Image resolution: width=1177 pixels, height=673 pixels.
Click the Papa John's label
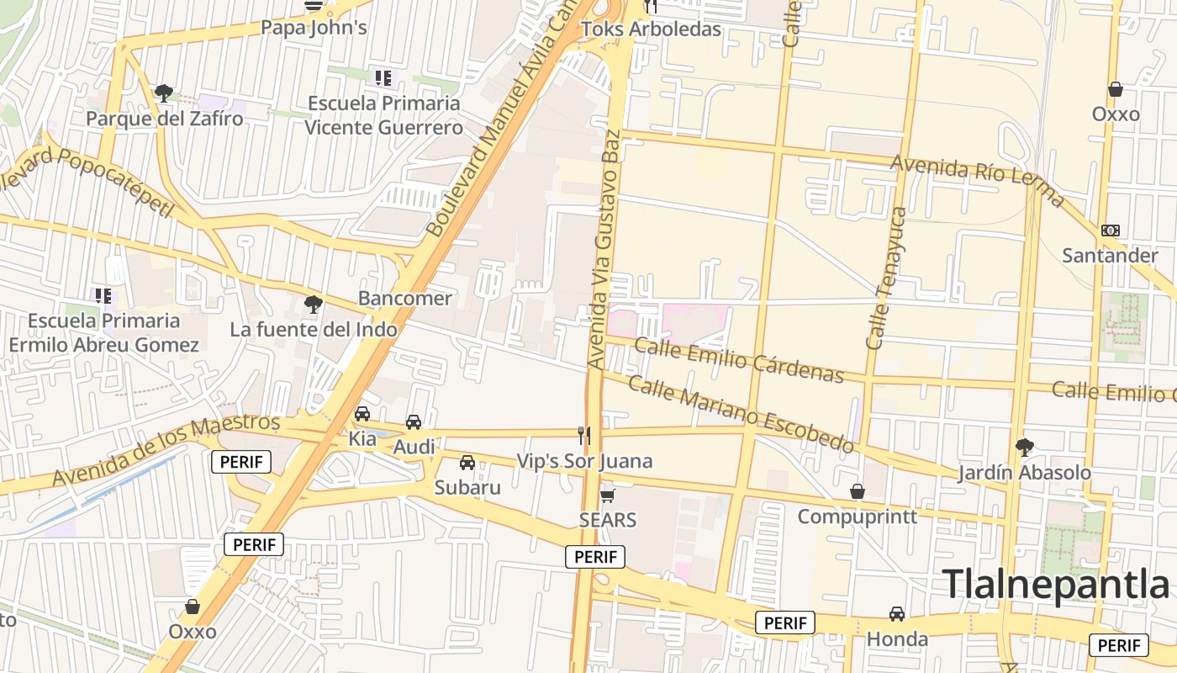pos(314,28)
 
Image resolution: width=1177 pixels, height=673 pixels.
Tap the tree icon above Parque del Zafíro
pos(164,93)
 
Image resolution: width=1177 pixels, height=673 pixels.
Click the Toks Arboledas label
pos(651,29)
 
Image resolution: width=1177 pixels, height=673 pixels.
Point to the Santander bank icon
pos(1110,231)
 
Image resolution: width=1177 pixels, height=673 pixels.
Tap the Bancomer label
pos(404,298)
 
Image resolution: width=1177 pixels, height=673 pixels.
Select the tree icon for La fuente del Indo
pos(314,304)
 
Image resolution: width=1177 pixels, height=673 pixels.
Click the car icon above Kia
pos(362,414)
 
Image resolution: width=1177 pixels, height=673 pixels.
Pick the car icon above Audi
pos(414,422)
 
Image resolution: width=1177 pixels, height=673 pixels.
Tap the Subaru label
pos(467,487)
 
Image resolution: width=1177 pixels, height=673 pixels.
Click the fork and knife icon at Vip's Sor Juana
pos(584,435)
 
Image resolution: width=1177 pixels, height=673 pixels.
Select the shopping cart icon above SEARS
pos(608,495)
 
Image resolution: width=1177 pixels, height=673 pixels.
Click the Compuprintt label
pos(857,516)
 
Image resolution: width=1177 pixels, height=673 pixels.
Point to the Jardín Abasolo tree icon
pos(1024,447)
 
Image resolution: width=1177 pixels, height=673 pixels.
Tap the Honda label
pos(897,639)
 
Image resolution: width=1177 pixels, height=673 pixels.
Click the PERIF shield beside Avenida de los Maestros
pos(241,461)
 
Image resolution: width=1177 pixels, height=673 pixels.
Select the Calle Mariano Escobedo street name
pos(741,415)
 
